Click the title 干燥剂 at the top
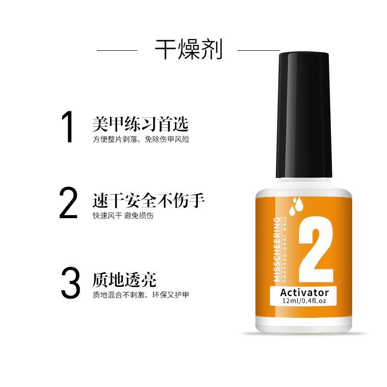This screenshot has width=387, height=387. pos(189,49)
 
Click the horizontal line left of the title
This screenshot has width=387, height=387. pos(117,51)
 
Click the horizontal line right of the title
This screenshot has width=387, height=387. pos(259,51)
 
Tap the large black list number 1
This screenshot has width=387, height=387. pos(68,127)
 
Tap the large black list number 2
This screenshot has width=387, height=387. pos(68,203)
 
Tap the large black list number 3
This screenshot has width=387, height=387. pos(70,283)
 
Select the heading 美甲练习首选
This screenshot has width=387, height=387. pos(140,124)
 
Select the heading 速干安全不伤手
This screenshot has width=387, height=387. pos(149,200)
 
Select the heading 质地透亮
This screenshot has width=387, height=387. pos(124,280)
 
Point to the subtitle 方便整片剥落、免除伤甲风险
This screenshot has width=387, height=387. pos(141,139)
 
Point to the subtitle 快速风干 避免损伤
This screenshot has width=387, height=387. pos(123,216)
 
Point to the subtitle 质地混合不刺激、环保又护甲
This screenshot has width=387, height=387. pos(141,295)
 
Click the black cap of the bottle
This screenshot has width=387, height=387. pos(304,115)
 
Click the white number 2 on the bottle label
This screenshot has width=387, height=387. pos(316,250)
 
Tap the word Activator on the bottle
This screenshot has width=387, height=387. pos(305,293)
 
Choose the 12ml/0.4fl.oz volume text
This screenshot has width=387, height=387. pos(304,301)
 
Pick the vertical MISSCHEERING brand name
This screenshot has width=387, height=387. pos(277,249)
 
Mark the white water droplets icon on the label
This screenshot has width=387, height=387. pos(296,206)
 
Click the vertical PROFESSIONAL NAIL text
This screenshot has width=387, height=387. pos(284,249)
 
